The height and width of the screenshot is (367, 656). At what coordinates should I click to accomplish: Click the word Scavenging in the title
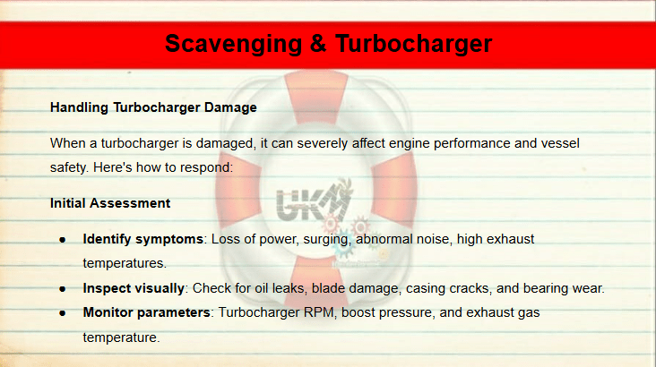coord(233,45)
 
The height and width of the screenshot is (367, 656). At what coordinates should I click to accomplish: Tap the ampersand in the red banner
coord(318,44)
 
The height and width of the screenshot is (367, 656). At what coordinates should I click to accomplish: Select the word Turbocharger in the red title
coord(414,45)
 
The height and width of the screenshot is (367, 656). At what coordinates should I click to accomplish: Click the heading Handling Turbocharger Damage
coord(153,107)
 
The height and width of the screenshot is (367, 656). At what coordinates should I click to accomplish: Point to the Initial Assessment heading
coord(110,203)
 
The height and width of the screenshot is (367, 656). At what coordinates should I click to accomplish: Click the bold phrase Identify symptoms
coord(143,240)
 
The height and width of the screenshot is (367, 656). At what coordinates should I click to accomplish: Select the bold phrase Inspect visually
coord(134,288)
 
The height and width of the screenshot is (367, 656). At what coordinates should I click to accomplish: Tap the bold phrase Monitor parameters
coord(146,312)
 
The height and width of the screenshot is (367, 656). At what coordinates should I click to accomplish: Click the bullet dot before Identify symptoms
coord(63,240)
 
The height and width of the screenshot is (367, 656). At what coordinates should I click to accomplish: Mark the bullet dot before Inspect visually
coord(63,289)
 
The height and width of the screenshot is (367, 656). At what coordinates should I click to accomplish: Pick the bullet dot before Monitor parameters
coord(63,313)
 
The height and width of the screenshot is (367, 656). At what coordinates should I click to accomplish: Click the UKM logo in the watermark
coord(314,201)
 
